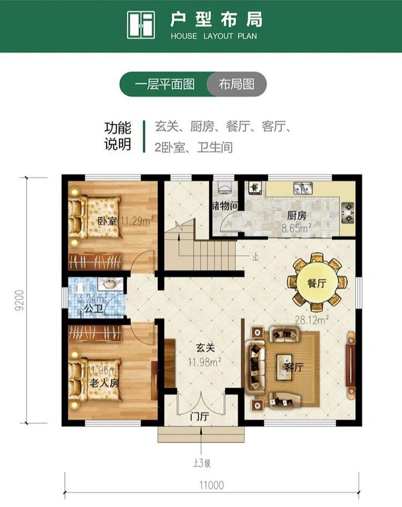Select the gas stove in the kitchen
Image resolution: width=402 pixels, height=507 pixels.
[x=348, y=211]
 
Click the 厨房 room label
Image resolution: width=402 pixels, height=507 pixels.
[x=297, y=216]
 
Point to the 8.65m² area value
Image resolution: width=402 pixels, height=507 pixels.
[x=296, y=229]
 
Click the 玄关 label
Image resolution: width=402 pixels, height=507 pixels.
[x=205, y=348]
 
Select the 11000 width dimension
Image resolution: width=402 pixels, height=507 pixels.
[x=211, y=485]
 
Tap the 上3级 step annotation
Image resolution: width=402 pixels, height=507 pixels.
[x=202, y=463]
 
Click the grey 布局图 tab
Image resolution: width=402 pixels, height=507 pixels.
[x=237, y=84]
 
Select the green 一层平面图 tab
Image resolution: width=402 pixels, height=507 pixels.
[x=165, y=84]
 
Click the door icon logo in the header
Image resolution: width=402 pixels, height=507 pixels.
[x=141, y=25]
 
